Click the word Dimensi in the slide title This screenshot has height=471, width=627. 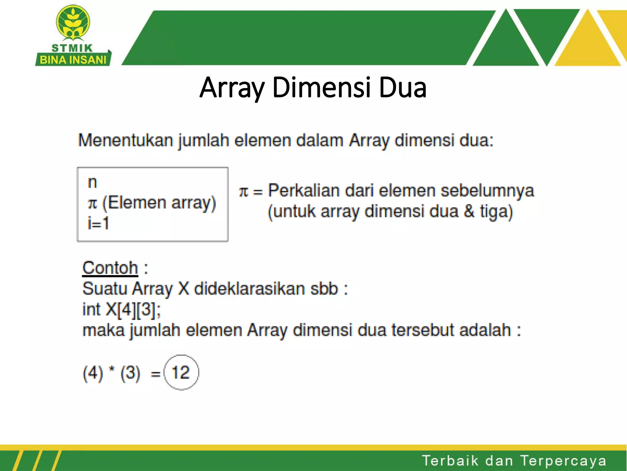tap(321, 88)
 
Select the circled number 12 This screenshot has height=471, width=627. tap(181, 373)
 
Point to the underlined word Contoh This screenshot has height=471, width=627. tap(110, 268)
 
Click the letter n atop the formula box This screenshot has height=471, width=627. tap(92, 183)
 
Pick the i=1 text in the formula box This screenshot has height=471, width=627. tap(98, 223)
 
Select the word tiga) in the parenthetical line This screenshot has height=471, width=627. tap(496, 212)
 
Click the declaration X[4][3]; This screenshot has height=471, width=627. tap(133, 309)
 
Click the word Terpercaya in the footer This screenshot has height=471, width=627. tap(563, 461)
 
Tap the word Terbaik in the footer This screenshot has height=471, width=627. tap(450, 461)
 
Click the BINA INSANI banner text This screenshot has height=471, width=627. tap(73, 59)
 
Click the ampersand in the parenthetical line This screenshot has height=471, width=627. tap(469, 212)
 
